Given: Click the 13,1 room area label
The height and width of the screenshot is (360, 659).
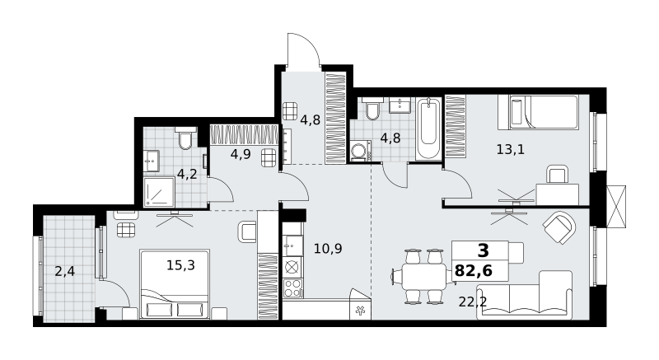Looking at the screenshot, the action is [510, 149].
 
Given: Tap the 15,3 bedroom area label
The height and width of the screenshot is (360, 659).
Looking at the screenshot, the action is [180, 265].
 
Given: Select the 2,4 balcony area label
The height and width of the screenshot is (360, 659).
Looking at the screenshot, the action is [65, 271].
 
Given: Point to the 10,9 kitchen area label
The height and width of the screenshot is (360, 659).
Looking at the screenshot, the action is [328, 249].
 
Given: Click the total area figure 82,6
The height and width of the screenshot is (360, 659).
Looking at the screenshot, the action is [473, 271].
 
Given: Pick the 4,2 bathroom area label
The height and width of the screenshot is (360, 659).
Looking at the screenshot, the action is [187, 174].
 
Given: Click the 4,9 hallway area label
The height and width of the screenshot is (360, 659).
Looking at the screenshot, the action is [241, 154].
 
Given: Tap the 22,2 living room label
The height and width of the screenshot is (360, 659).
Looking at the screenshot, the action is [472, 302].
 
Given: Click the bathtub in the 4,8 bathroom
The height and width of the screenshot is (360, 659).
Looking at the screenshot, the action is [428, 129].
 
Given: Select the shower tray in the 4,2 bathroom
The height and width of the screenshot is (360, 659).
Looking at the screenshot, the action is [159, 192].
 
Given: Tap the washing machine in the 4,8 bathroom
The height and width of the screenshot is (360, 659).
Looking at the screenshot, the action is [360, 151].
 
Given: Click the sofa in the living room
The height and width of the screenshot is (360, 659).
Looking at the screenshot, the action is [524, 295].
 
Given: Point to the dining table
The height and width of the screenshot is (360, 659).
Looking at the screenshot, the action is [423, 277].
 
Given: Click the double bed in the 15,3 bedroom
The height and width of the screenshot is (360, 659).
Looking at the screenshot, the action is [175, 284].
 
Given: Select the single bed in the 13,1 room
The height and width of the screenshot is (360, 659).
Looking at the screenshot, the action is [538, 112].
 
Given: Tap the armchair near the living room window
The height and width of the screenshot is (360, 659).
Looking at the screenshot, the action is [559, 227].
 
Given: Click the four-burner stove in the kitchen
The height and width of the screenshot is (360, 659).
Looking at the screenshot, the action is [292, 288].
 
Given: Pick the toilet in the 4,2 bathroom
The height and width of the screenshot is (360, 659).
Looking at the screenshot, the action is [185, 138].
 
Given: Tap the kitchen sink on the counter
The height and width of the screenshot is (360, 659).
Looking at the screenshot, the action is [292, 245].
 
